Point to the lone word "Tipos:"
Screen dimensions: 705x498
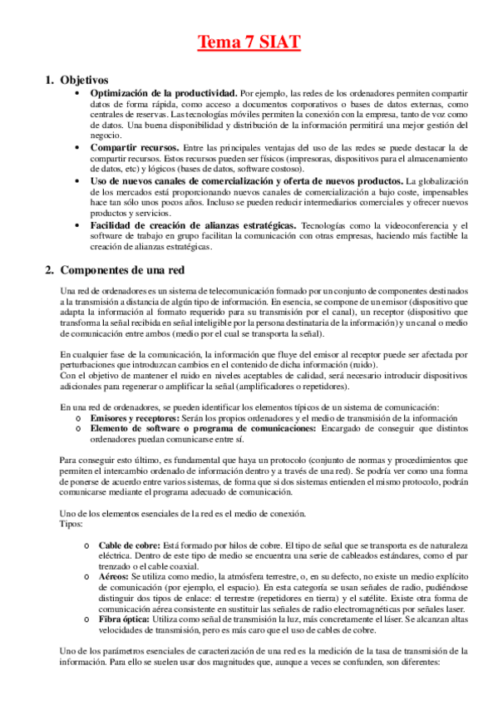(72, 525)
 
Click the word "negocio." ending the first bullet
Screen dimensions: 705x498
(106, 134)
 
